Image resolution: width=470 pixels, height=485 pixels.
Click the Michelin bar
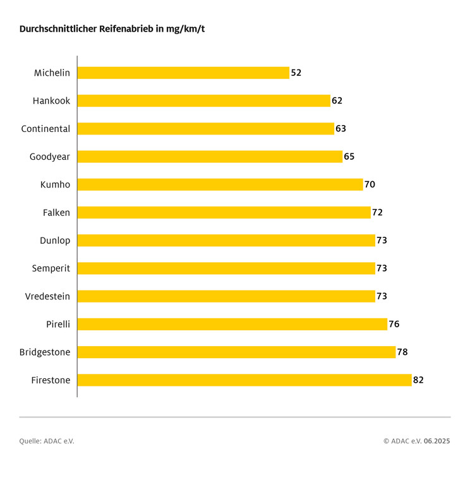pos(183,73)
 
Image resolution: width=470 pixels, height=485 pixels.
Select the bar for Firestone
pos(244,380)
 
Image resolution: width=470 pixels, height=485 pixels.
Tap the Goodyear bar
pos(210,157)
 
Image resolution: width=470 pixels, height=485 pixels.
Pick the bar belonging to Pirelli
pos(232,324)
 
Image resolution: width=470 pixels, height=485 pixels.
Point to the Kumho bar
pos(220,184)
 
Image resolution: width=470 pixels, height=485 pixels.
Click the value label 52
pos(296,73)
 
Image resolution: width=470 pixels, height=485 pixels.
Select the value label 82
pos(418,380)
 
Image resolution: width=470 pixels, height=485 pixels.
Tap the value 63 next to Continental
pos(341,129)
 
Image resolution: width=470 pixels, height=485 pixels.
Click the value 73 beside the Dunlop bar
pos(382,241)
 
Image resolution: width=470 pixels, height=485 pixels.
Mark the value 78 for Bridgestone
pos(402,352)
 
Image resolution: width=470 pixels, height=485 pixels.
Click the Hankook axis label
pos(52,101)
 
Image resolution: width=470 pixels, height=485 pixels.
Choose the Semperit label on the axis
pos(51,268)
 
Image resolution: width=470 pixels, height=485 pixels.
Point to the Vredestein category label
pos(47,296)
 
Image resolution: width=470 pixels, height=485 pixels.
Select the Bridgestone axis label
pos(45,352)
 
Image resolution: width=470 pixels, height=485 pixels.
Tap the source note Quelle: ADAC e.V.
pos(47,441)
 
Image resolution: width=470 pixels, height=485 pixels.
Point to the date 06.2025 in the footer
pos(437,441)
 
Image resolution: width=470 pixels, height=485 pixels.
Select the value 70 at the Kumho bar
pos(370,184)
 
